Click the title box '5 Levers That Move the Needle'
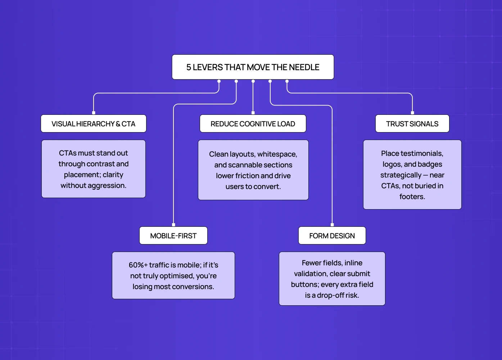click(x=253, y=67)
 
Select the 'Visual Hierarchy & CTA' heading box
click(x=94, y=124)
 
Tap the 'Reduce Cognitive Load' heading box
click(x=253, y=124)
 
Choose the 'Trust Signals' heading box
click(x=412, y=124)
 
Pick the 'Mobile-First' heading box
click(x=173, y=236)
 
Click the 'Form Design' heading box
click(x=332, y=236)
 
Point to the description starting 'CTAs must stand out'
click(x=94, y=169)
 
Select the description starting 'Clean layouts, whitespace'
click(x=253, y=170)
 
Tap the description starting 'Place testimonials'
click(x=412, y=175)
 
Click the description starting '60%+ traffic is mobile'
click(x=173, y=276)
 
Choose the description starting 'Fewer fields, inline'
click(x=332, y=279)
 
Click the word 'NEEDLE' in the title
click(x=304, y=67)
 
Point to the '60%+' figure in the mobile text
click(x=138, y=265)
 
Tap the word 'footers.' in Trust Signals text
click(x=412, y=197)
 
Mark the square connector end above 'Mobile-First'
click(x=173, y=225)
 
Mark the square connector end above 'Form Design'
click(x=332, y=225)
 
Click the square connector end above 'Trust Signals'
click(x=412, y=113)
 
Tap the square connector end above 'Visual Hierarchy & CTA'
click(x=94, y=113)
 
